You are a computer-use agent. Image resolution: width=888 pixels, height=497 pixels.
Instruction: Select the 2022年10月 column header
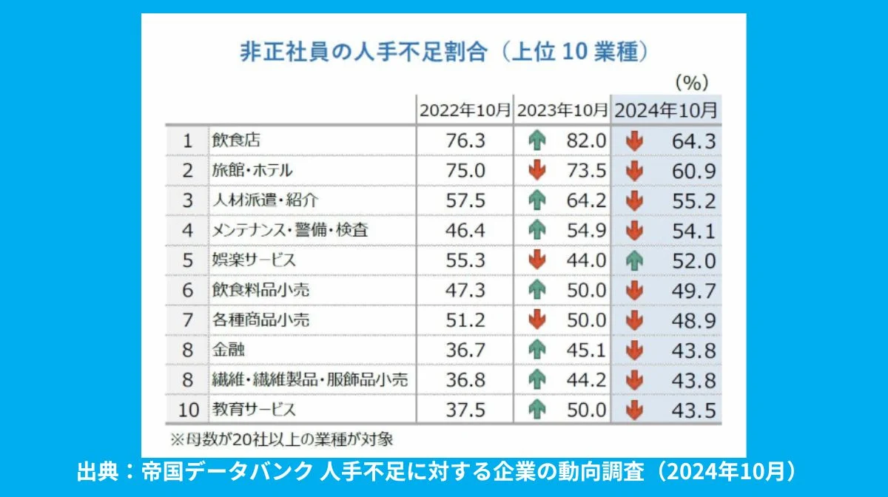pyautogui.click(x=465, y=111)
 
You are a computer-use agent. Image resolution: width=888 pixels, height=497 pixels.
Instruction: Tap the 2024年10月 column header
pyautogui.click(x=666, y=111)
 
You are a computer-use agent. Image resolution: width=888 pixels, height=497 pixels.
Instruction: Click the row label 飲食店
pyautogui.click(x=236, y=140)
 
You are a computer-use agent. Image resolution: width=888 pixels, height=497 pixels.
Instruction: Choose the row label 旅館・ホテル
pyautogui.click(x=252, y=170)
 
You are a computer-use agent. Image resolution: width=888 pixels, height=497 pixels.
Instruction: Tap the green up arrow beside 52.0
pyautogui.click(x=634, y=260)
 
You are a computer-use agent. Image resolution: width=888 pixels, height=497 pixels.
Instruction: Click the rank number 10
pyautogui.click(x=187, y=410)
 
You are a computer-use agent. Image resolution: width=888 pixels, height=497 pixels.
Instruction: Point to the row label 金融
pyautogui.click(x=228, y=350)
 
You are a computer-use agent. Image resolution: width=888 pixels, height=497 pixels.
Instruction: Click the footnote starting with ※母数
pyautogui.click(x=281, y=439)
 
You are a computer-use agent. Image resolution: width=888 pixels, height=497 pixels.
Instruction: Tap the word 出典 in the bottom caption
pyautogui.click(x=97, y=472)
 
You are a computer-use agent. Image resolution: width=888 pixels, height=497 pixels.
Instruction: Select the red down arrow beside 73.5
pyautogui.click(x=537, y=170)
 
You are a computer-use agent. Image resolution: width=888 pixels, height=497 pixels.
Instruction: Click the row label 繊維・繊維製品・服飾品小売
pyautogui.click(x=309, y=380)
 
